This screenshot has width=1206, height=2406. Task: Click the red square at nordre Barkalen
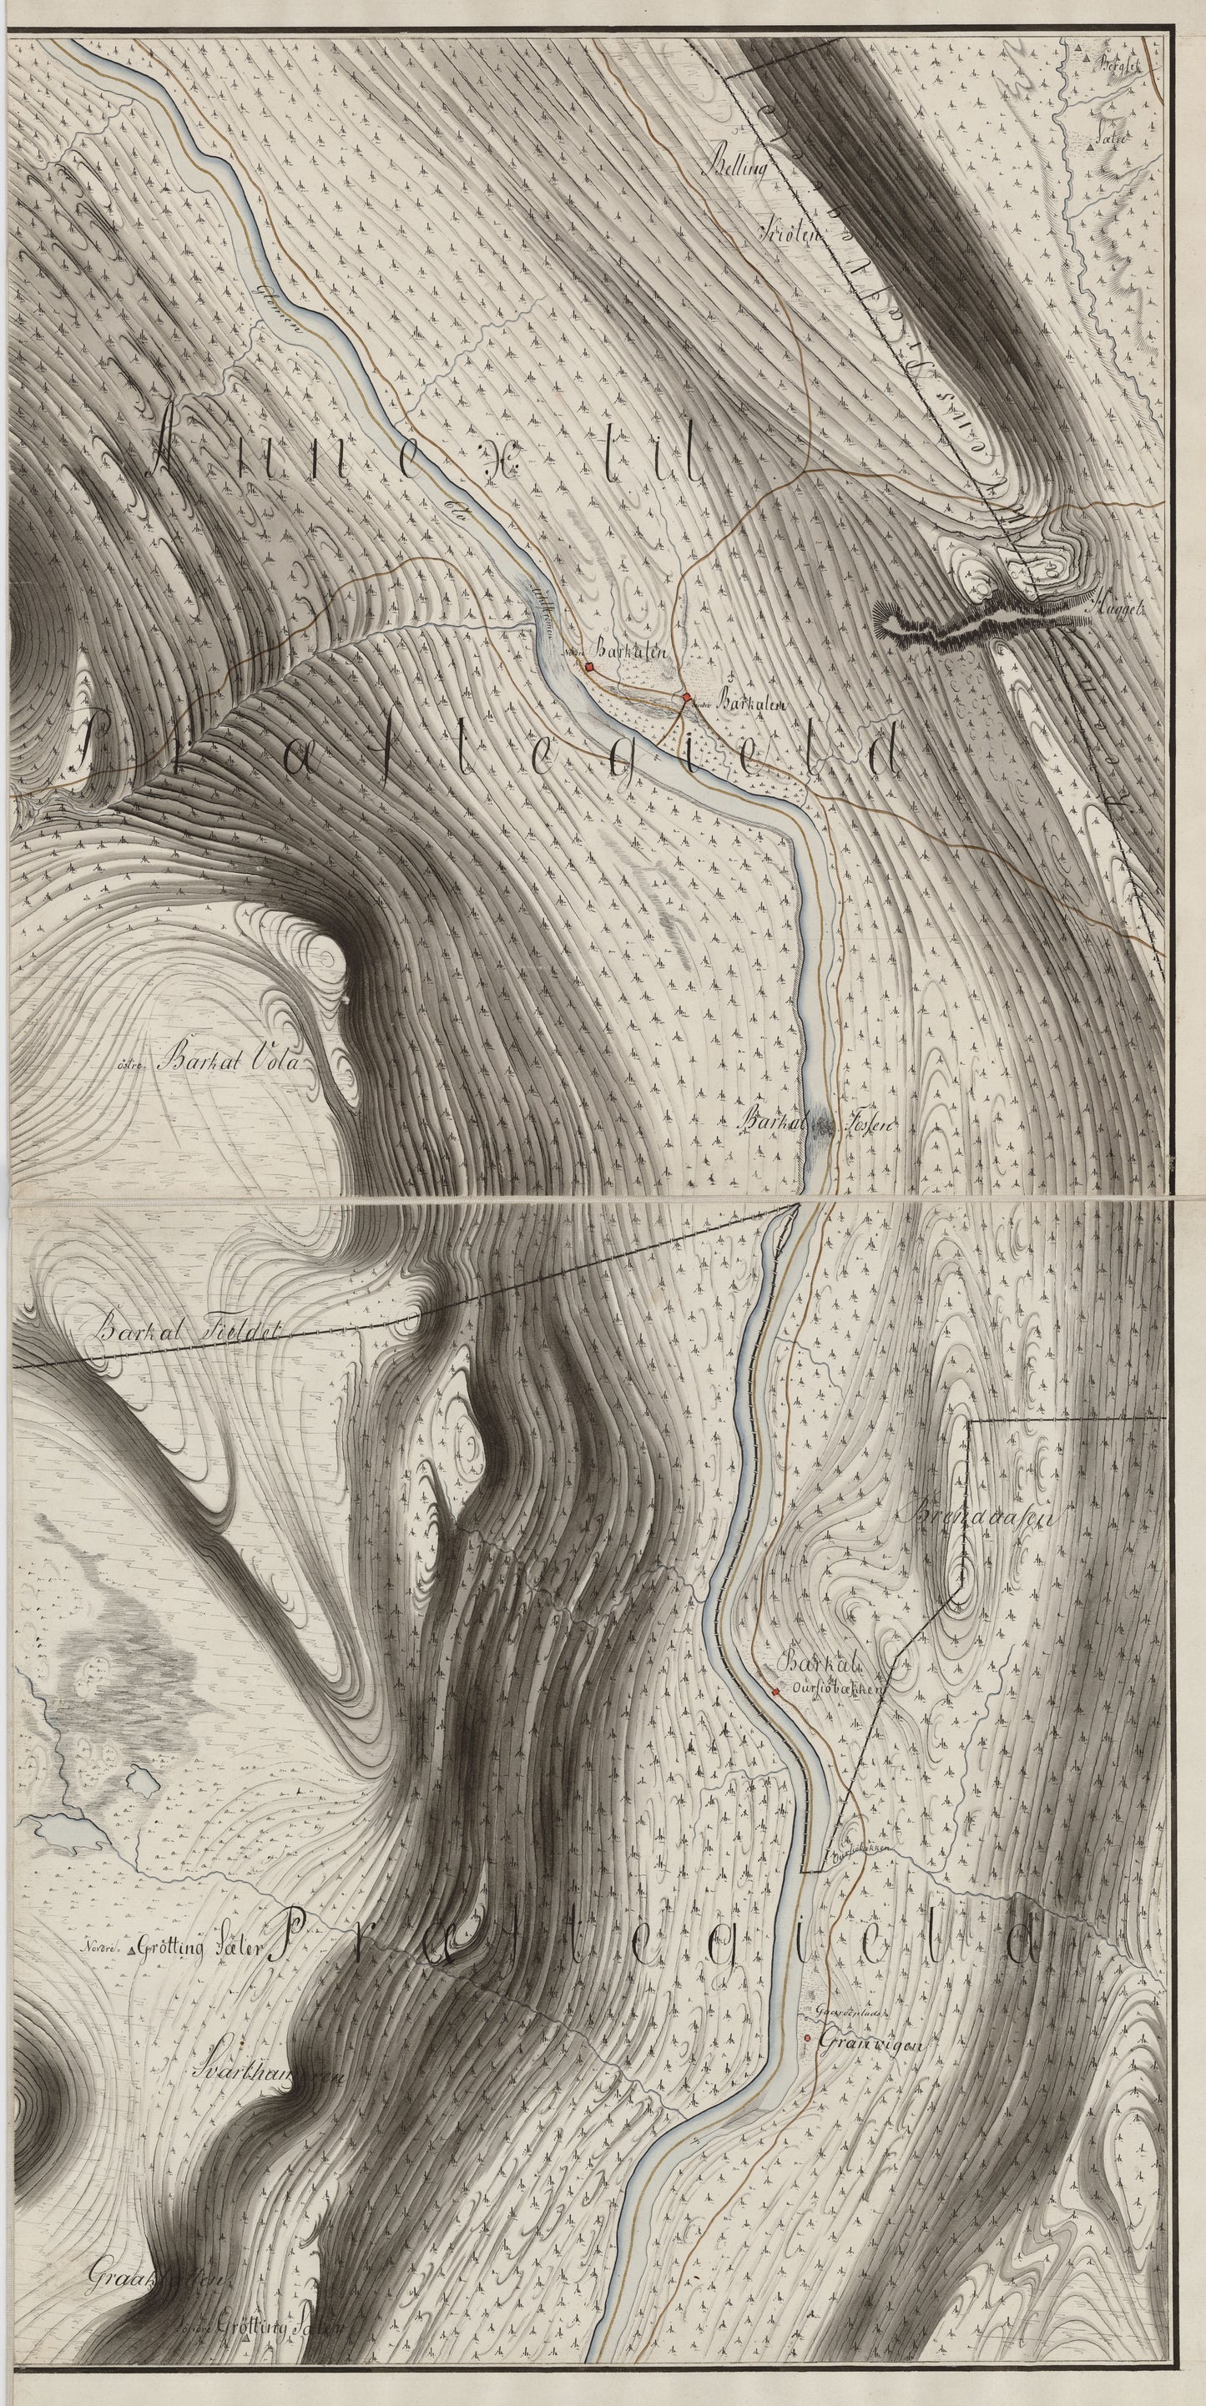click(x=590, y=666)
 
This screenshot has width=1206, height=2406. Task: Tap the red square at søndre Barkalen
click(x=687, y=697)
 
